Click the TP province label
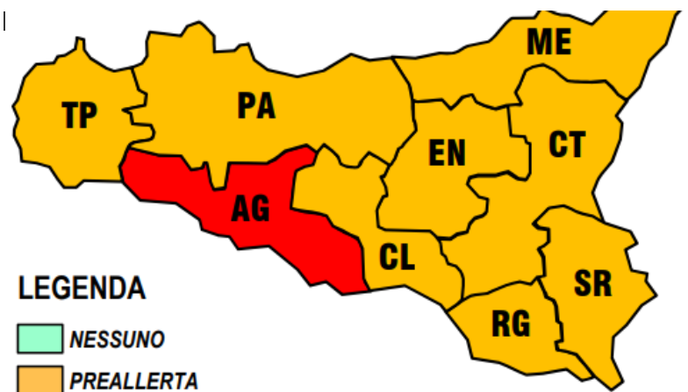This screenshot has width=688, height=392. pos(79,115)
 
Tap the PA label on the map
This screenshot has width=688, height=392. pos(256,106)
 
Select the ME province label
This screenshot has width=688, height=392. pos(548,42)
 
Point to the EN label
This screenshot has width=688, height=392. pos(447,153)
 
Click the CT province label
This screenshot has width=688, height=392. pos(567,145)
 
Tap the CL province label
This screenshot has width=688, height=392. pos(397,257)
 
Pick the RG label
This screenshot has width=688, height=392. pos(511,324)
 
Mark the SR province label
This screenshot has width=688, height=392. pos(593,283)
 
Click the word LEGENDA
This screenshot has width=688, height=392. pos(82,288)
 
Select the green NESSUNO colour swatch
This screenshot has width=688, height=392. pos(39,339)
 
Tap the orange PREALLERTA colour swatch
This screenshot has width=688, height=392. pos(39,380)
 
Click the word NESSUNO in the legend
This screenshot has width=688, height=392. pos(117,339)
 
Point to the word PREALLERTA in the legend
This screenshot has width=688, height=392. pos(133,381)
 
